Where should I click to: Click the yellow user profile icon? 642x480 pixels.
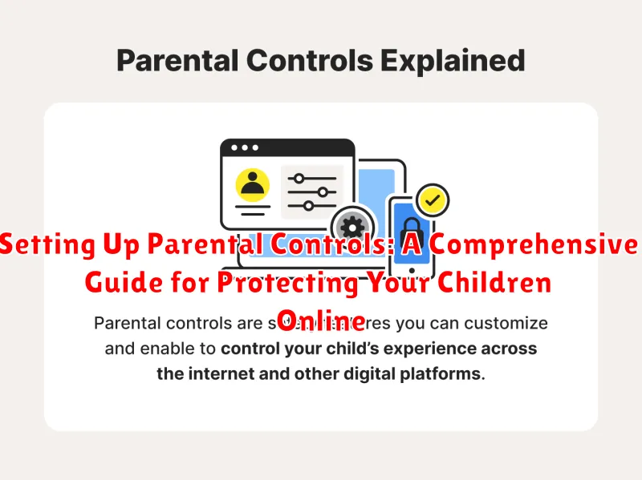(x=253, y=186)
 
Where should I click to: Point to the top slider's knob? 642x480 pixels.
(x=299, y=178)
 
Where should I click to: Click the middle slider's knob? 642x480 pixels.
(x=324, y=192)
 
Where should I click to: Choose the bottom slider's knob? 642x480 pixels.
(x=308, y=207)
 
